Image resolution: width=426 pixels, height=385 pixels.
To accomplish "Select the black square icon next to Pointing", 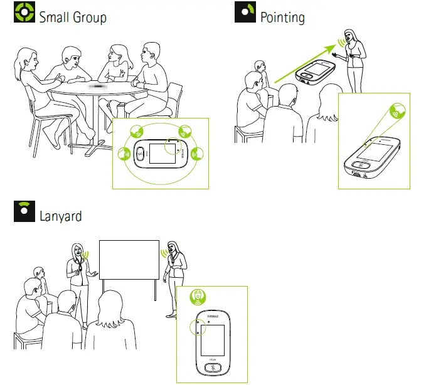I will (245, 13).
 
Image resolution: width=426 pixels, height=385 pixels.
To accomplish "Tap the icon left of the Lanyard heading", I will (24, 213).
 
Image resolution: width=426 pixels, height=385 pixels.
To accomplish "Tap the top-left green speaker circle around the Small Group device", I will (137, 132).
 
